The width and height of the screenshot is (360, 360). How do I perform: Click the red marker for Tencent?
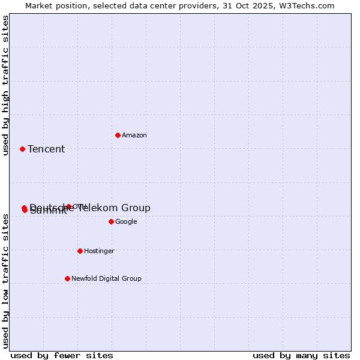point(22,149)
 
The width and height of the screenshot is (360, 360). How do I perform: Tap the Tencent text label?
point(46,149)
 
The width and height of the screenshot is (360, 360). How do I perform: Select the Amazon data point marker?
point(118,135)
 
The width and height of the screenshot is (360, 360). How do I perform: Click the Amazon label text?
point(134,136)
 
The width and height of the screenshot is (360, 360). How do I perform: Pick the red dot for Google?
point(111,221)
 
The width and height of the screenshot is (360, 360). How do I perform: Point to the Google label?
point(126,222)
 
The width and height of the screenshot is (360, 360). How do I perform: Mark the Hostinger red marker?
point(80,251)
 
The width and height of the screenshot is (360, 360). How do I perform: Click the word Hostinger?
point(99,251)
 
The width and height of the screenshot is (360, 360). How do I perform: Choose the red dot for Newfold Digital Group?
point(67,278)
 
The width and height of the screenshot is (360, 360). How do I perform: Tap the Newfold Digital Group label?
point(106,279)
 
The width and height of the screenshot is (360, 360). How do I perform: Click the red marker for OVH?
point(68,206)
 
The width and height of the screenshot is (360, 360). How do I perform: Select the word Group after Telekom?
point(136,208)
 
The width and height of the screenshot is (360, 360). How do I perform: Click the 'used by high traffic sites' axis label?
point(6,85)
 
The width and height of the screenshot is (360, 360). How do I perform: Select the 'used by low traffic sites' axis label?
point(6,281)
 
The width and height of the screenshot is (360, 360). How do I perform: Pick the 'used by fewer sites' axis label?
point(62,355)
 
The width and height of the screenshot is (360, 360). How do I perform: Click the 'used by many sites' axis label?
point(301,355)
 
